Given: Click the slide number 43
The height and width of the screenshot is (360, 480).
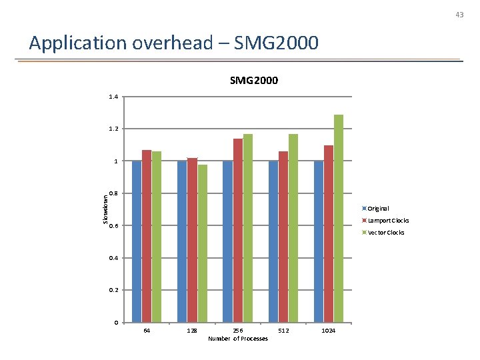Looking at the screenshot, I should pos(459,14).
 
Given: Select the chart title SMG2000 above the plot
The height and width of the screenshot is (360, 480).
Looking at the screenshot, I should pos(254,81).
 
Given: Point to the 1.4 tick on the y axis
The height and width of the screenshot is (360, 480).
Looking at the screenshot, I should pos(113,97).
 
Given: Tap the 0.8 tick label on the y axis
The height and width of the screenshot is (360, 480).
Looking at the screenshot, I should pos(113,194).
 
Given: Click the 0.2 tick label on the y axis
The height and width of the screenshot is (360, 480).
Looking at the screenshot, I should pos(113,291).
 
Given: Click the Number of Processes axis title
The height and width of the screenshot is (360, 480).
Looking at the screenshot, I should pos(238,339).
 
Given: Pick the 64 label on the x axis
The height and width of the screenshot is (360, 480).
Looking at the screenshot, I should pos(147,331).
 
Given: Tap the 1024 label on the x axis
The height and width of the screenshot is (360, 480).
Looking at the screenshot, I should pos(329,331).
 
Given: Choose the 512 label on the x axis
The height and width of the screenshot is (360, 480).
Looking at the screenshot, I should pos(283,331).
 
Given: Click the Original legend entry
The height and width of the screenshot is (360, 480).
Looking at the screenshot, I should pos(379,209).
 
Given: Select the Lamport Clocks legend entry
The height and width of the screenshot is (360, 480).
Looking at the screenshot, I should pos(388,221).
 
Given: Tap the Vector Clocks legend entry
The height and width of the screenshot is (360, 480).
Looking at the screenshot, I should pos(386,233).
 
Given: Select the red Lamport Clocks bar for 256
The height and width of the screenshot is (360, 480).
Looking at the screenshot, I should pos(238,231).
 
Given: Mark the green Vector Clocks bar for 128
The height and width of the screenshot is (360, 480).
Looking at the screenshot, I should pos(203,243).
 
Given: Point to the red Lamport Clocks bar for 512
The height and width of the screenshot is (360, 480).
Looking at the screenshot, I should pos(283,237).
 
